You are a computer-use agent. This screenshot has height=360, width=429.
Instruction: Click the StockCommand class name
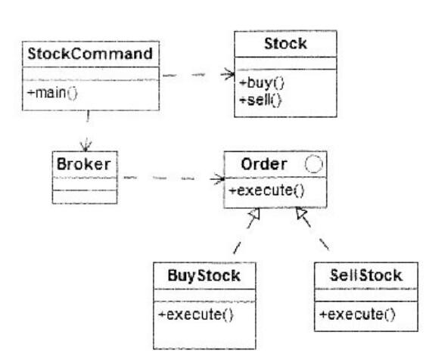(90, 54)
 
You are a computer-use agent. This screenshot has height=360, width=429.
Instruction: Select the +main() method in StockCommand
(52, 93)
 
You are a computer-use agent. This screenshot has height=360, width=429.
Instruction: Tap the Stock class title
(285, 44)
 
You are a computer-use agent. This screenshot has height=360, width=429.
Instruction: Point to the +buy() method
(262, 83)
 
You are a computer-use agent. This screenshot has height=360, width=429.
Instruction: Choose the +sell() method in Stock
(260, 100)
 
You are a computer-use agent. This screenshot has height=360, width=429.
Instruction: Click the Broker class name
(84, 164)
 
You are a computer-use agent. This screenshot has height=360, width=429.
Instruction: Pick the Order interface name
(264, 164)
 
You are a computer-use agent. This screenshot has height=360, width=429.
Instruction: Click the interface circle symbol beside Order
(313, 164)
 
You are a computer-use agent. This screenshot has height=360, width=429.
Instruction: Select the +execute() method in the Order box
(266, 191)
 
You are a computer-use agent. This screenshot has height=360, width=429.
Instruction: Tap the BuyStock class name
(204, 275)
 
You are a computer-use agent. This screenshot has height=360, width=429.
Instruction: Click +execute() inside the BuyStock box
(196, 315)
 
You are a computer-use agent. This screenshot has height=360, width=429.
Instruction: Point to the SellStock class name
(366, 275)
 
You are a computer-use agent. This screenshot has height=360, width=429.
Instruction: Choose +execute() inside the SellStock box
(357, 315)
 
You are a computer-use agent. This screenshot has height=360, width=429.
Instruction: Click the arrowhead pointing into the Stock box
(228, 74)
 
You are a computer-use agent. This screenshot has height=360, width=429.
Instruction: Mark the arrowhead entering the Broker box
(86, 144)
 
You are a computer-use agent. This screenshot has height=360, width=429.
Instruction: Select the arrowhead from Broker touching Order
(218, 179)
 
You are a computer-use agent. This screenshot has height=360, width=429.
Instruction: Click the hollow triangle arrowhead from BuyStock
(254, 213)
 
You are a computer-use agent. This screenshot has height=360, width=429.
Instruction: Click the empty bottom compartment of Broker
(85, 197)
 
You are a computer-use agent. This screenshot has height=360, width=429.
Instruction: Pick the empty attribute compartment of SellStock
(366, 295)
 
